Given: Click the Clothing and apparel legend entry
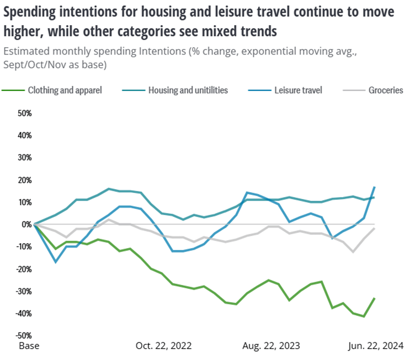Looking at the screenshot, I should (x=64, y=90).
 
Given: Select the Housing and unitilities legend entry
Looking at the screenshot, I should (x=188, y=90).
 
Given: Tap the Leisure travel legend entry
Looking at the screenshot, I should (x=298, y=90).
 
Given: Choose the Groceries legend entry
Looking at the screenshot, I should (x=385, y=90).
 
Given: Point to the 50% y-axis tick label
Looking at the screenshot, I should (x=25, y=113).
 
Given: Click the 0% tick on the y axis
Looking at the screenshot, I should (x=27, y=224).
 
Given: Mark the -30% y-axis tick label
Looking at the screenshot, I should (x=24, y=291).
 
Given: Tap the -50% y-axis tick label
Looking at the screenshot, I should (x=24, y=336).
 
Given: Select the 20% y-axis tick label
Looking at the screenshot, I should (x=25, y=180).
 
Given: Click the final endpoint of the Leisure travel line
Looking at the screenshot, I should (x=375, y=187).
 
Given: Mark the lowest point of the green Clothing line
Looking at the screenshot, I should (x=364, y=316).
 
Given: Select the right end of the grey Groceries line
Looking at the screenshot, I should (x=375, y=228).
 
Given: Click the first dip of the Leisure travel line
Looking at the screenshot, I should (x=56, y=262).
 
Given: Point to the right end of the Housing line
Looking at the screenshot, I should (x=375, y=197).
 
